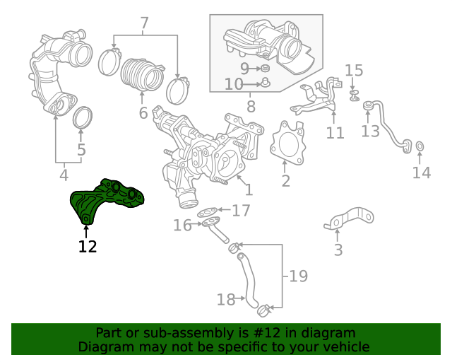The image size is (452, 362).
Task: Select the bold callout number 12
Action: tap(88, 247)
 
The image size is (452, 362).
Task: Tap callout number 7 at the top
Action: tap(144, 24)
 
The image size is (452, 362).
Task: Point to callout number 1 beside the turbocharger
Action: tap(248, 189)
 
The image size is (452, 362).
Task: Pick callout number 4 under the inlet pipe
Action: tap(64, 175)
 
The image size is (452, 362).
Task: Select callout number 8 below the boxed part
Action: tap(251, 107)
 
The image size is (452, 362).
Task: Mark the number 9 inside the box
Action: tap(244, 69)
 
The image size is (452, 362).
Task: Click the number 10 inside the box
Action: tap(234, 85)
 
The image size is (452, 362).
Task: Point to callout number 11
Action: tap(335, 132)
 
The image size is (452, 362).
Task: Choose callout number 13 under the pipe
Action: tap(371, 131)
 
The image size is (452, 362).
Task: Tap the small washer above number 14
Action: tap(420, 146)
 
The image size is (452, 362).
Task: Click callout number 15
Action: tap(354, 70)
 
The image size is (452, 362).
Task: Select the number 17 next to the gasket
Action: tap(241, 210)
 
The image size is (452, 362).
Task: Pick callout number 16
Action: tap(182, 225)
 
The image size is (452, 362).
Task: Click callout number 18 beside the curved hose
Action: tap(226, 300)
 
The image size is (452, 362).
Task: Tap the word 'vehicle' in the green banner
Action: tap(343, 347)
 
